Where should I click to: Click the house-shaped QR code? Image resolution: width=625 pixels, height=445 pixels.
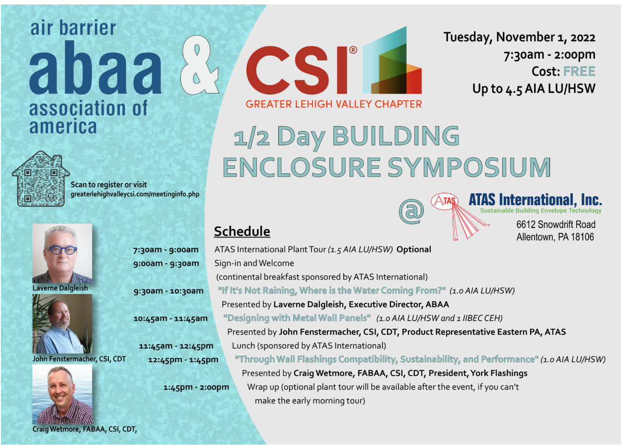point(40,179)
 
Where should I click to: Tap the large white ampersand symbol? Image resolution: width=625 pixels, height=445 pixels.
point(199,65)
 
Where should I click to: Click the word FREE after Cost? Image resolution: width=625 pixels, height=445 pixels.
point(579,72)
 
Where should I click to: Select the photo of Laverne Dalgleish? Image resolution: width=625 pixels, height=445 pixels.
point(62,253)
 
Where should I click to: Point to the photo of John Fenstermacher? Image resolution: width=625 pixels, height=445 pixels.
point(62,324)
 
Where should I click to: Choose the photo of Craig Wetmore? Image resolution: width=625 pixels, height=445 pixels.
point(62,394)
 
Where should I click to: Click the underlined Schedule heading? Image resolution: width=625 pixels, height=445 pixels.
point(242,231)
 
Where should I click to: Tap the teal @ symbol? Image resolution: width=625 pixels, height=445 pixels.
point(411,211)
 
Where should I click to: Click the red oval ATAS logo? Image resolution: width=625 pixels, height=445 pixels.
point(445,201)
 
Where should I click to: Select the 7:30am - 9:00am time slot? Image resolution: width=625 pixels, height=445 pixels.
point(166,250)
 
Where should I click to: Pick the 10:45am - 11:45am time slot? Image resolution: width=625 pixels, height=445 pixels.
point(170,318)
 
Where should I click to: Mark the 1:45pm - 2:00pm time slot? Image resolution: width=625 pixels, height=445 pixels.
point(196,387)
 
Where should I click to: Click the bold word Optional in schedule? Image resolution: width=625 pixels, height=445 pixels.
point(414,249)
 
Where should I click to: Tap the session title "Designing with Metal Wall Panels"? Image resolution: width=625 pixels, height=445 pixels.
point(297,318)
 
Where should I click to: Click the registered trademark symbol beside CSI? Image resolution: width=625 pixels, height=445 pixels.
point(353,50)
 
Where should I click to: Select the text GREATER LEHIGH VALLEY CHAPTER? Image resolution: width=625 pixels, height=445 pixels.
point(334,104)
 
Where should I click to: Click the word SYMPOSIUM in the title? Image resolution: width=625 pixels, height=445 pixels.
point(469,167)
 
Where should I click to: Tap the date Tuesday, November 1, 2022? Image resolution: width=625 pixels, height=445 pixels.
point(520,37)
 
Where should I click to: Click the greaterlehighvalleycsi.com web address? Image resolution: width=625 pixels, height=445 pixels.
point(135,195)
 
